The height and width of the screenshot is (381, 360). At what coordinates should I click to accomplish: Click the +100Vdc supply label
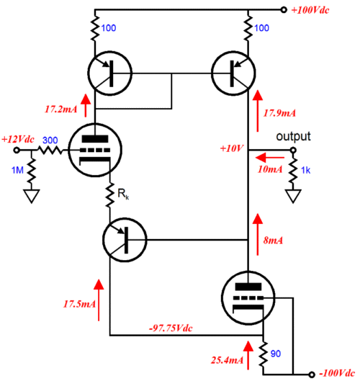[310, 10]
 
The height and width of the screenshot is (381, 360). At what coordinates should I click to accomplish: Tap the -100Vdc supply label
[337, 373]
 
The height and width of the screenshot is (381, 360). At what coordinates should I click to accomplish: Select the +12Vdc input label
[18, 139]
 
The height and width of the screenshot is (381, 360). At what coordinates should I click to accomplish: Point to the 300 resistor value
[50, 140]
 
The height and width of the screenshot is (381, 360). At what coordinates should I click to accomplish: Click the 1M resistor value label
[17, 170]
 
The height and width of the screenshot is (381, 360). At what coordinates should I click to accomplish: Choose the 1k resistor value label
[305, 170]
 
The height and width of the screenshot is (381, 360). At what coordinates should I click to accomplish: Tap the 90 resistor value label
[276, 354]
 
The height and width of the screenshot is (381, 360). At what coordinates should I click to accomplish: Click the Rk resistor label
[123, 194]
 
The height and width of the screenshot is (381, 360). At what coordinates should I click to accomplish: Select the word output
[293, 136]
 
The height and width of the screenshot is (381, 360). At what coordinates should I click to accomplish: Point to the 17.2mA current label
[61, 109]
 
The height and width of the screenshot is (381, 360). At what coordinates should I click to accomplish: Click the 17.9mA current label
[279, 113]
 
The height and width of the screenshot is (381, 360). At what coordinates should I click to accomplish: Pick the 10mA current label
[270, 169]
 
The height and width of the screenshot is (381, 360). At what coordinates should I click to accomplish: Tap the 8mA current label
[274, 241]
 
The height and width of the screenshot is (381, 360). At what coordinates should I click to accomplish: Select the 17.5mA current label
[79, 304]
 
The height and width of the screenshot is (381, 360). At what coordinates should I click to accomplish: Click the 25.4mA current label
[227, 360]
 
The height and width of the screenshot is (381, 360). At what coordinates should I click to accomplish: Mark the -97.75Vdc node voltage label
[171, 328]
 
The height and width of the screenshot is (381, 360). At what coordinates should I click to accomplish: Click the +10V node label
[231, 148]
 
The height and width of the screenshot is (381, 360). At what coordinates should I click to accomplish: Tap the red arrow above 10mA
[269, 158]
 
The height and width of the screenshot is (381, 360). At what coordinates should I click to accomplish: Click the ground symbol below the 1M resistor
[32, 196]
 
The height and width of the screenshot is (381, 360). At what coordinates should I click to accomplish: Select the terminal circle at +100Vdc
[284, 10]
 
